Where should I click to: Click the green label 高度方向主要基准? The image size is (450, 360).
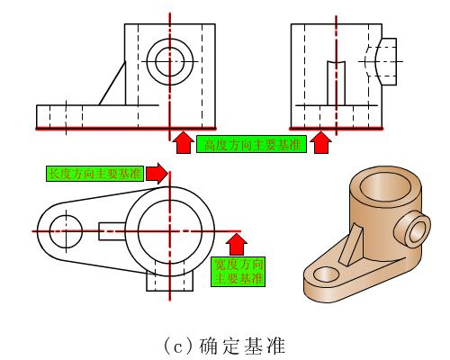[251, 144]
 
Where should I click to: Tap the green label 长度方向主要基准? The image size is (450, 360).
[94, 174]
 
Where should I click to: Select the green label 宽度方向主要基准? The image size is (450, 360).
[238, 272]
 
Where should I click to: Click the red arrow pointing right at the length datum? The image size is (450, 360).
[157, 174]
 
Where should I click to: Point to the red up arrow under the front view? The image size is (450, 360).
[183, 142]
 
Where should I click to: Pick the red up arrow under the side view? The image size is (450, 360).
[321, 142]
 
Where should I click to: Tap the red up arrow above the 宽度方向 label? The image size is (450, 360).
[238, 244]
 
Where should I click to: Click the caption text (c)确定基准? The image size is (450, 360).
[224, 346]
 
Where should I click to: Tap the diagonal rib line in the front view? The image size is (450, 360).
[112, 84]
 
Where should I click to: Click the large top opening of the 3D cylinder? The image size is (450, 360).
[385, 187]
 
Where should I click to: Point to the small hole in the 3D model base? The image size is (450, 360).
[326, 274]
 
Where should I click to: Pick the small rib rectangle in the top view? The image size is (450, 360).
[112, 231]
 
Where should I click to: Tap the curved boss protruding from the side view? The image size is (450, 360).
[385, 62]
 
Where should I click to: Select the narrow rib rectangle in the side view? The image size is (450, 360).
[336, 84]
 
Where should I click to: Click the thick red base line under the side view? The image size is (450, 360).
[337, 129]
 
